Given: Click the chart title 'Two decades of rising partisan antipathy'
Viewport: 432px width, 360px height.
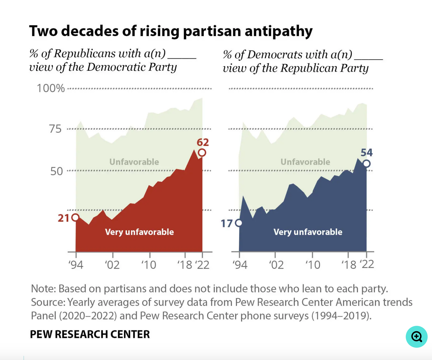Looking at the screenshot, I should tap(171, 31).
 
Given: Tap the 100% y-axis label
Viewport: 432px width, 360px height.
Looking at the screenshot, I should tap(51, 88).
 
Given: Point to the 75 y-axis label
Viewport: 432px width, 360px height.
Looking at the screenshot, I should tap(55, 129).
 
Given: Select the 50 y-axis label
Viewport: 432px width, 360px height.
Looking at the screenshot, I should tap(56, 171).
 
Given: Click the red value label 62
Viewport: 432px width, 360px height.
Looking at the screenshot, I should tap(203, 142).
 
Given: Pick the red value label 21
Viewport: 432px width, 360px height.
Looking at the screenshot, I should tap(63, 218).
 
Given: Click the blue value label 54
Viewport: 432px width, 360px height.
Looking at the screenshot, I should tap(367, 153).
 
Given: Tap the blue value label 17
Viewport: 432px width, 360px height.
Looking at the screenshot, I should tap(227, 223).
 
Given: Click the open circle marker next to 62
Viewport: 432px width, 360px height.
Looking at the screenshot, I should tap(202, 153).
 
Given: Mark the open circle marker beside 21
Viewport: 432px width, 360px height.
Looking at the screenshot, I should tap(75, 218).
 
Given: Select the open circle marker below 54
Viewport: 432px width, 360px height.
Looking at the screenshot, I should tap(366, 163).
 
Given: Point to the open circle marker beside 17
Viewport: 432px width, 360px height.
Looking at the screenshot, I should tap(239, 223).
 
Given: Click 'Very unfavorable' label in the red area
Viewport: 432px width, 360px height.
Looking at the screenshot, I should tap(139, 232).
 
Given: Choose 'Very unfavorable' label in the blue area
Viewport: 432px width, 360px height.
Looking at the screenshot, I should tap(308, 232).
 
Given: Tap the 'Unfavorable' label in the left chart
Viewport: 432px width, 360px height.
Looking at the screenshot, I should tap(134, 162).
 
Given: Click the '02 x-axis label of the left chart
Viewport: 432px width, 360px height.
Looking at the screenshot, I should tap(112, 265).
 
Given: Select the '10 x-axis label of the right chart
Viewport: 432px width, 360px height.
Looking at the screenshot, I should tap(313, 265).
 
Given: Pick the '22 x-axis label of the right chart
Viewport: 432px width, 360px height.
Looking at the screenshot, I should tap(367, 264).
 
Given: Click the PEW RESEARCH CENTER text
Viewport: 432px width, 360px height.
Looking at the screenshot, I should tap(90, 334).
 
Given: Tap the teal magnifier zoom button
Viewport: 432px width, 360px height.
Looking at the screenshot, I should tap(417, 337).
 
